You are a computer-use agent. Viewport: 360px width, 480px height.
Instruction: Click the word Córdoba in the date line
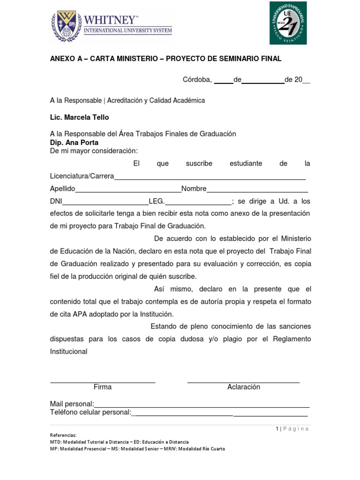(x=197, y=80)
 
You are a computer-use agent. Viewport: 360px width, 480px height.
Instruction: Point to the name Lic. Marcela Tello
(x=79, y=117)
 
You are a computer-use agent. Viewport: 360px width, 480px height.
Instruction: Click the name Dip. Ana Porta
(x=74, y=142)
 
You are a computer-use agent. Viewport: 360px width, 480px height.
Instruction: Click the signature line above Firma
(x=103, y=382)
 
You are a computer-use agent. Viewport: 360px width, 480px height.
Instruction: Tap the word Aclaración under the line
(x=244, y=387)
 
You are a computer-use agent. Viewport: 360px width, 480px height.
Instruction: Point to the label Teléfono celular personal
(x=90, y=412)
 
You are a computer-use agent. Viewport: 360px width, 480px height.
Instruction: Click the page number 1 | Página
(x=292, y=428)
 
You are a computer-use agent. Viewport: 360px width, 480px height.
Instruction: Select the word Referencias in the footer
(x=63, y=435)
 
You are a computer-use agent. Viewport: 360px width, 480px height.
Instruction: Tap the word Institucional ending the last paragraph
(x=68, y=352)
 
